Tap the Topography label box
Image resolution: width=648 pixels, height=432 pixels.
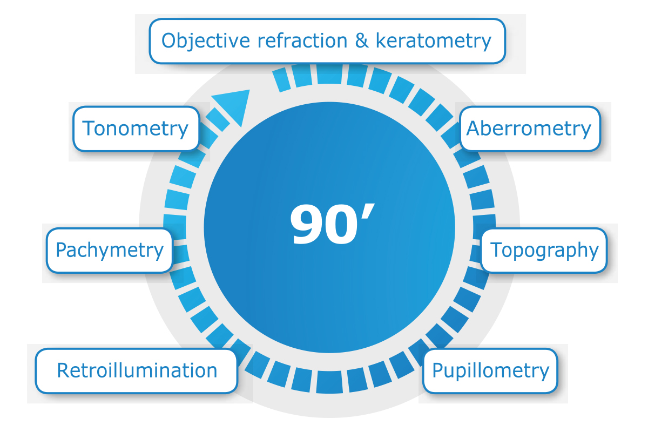[544, 250]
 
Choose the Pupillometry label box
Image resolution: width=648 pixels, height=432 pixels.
[490, 370]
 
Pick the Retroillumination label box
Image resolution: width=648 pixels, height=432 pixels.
[137, 370]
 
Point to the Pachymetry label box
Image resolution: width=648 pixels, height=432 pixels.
[110, 250]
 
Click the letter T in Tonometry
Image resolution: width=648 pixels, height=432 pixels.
[88, 129]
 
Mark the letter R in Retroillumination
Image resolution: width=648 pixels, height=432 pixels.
[63, 370]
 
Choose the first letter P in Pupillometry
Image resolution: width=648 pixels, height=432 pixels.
[438, 370]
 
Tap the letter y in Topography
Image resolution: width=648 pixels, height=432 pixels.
[593, 253]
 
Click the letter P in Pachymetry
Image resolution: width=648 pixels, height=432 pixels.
[62, 250]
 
